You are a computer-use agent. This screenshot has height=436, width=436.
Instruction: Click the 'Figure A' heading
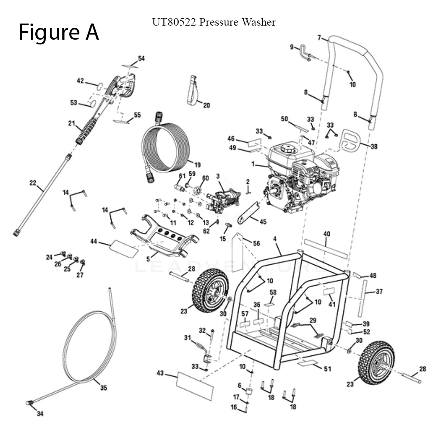coord(58,32)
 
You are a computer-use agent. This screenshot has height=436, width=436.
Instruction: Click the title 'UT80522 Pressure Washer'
coord(214,22)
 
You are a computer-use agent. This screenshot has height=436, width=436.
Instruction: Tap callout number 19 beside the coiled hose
coord(198,165)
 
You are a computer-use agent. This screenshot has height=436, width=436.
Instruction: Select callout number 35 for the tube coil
coord(103,388)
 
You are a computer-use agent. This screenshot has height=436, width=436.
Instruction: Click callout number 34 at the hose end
coord(40,413)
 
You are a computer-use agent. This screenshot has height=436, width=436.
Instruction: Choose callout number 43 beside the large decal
coord(160,373)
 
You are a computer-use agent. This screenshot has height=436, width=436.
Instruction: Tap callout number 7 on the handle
coord(320,38)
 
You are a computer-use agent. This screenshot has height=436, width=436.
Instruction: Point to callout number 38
coord(374,147)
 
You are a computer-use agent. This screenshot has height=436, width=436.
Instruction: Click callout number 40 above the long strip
coord(327,234)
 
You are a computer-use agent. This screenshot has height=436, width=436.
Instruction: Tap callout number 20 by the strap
coord(207,105)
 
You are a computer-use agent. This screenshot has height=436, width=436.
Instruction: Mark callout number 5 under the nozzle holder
coord(148,259)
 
